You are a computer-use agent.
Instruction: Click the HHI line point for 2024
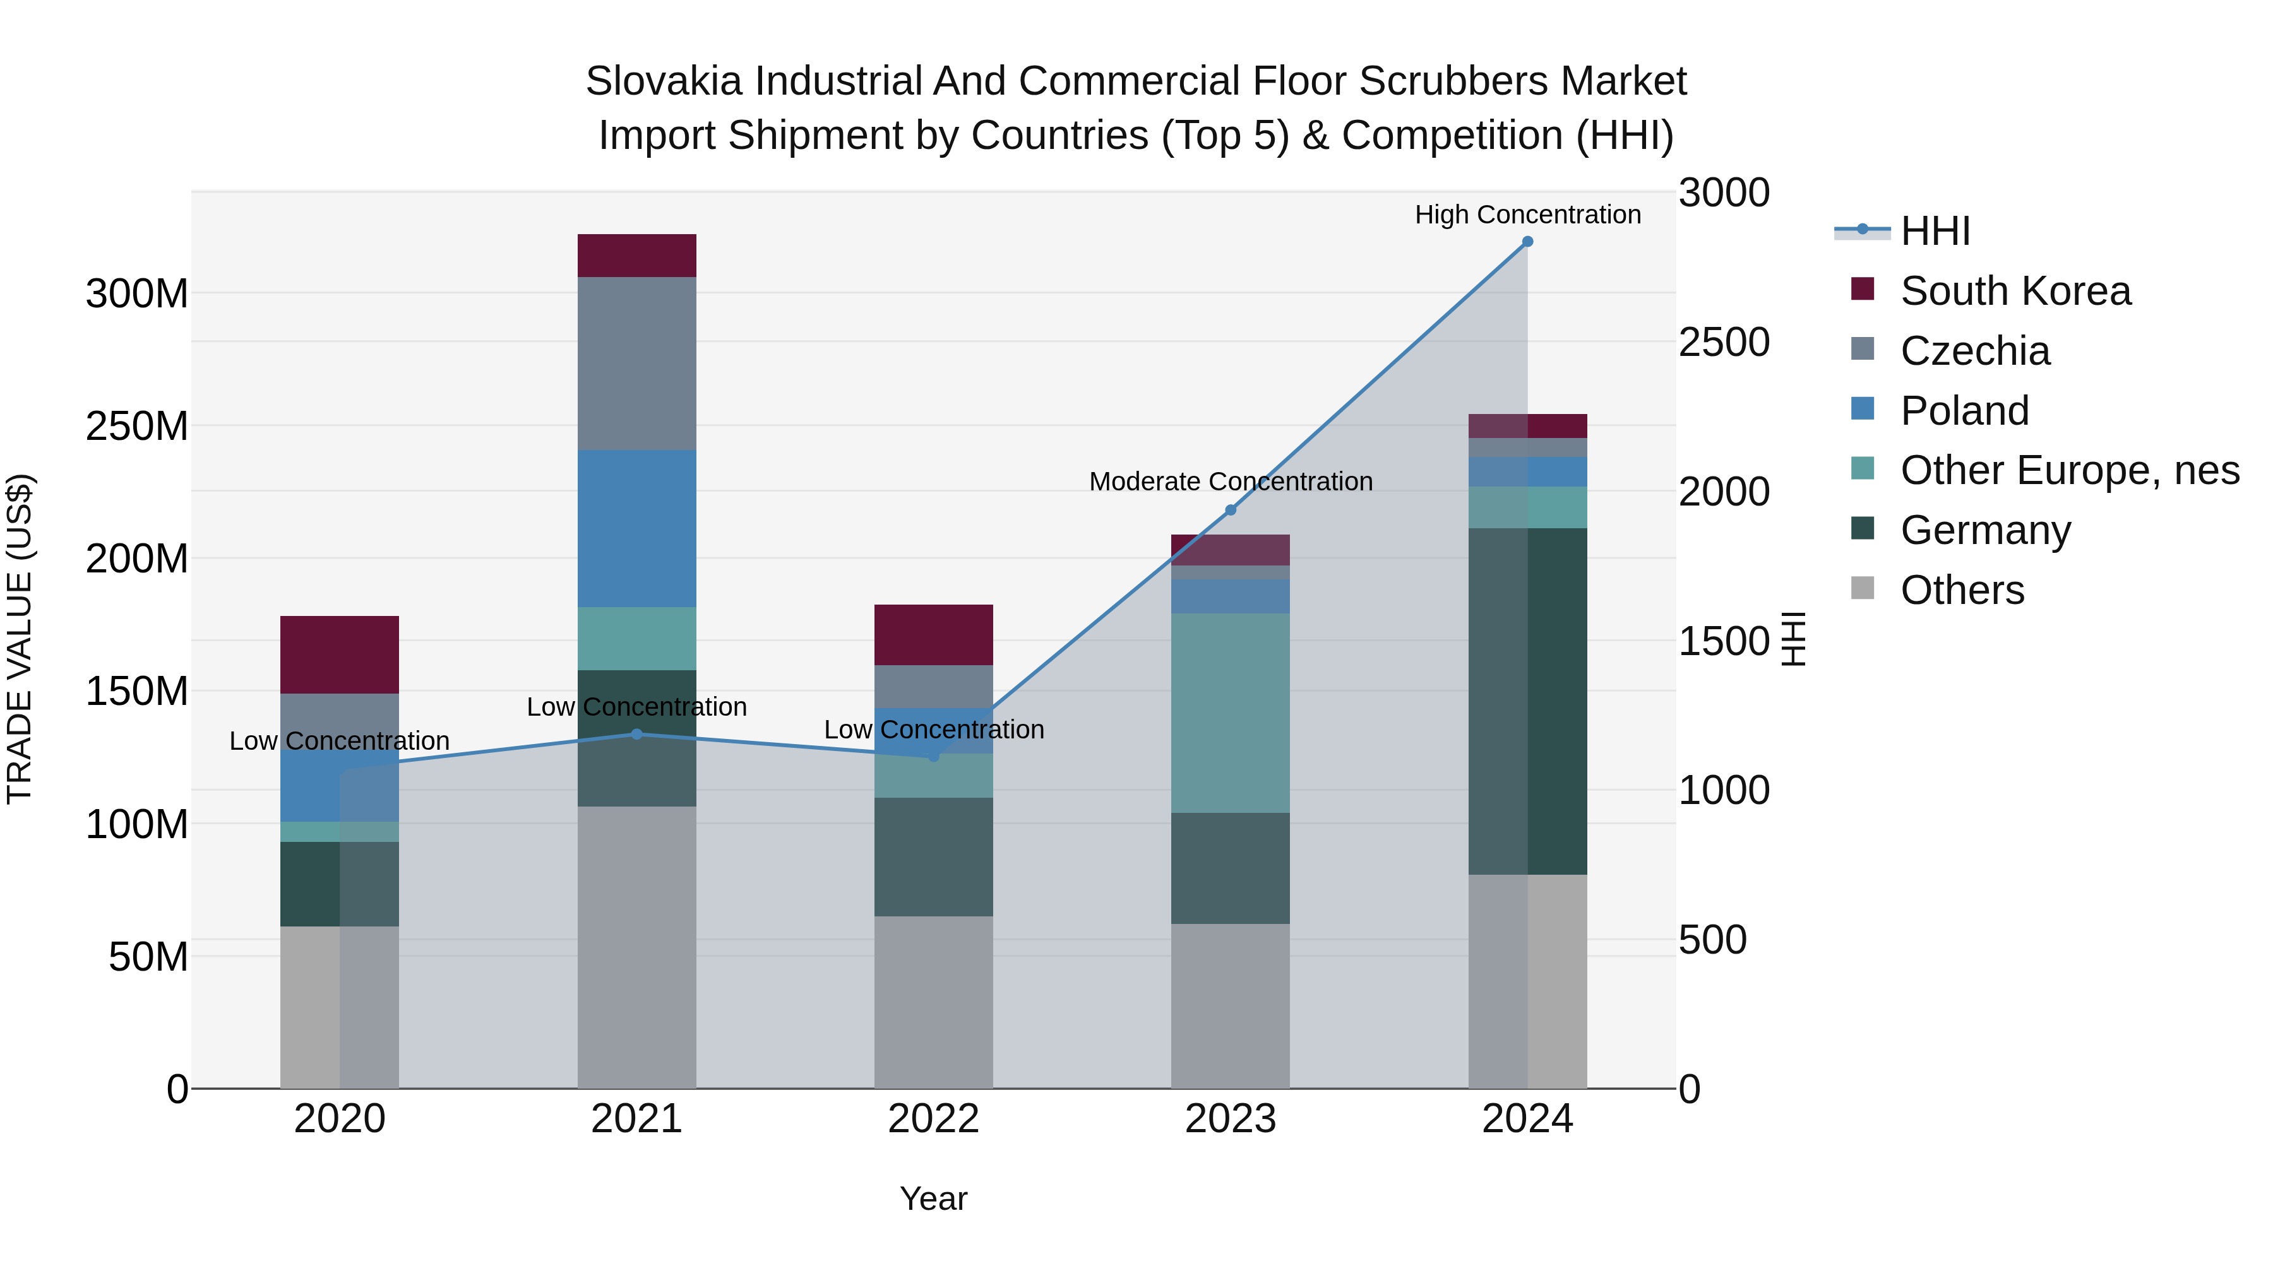pyautogui.click(x=1527, y=242)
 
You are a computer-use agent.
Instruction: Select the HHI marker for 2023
pyautogui.click(x=1231, y=510)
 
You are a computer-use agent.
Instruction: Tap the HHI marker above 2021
pyautogui.click(x=636, y=734)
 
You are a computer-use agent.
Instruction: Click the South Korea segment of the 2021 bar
pyautogui.click(x=636, y=256)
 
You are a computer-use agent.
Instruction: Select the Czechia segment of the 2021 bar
pyautogui.click(x=636, y=364)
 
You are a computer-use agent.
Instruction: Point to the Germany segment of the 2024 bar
pyautogui.click(x=1527, y=701)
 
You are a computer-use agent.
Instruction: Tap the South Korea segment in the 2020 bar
pyautogui.click(x=340, y=654)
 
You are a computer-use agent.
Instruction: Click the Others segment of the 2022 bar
pyautogui.click(x=934, y=1002)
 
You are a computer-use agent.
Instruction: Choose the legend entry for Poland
pyautogui.click(x=1964, y=411)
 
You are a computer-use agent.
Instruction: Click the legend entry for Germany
pyautogui.click(x=1984, y=530)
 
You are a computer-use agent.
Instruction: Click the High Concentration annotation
pyautogui.click(x=1527, y=215)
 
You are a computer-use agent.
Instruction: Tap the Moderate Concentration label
pyautogui.click(x=1231, y=482)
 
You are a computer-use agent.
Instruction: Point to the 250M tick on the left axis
pyautogui.click(x=137, y=426)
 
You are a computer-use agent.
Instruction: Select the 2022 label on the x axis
pyautogui.click(x=934, y=1119)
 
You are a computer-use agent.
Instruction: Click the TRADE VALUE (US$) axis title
pyautogui.click(x=20, y=639)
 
